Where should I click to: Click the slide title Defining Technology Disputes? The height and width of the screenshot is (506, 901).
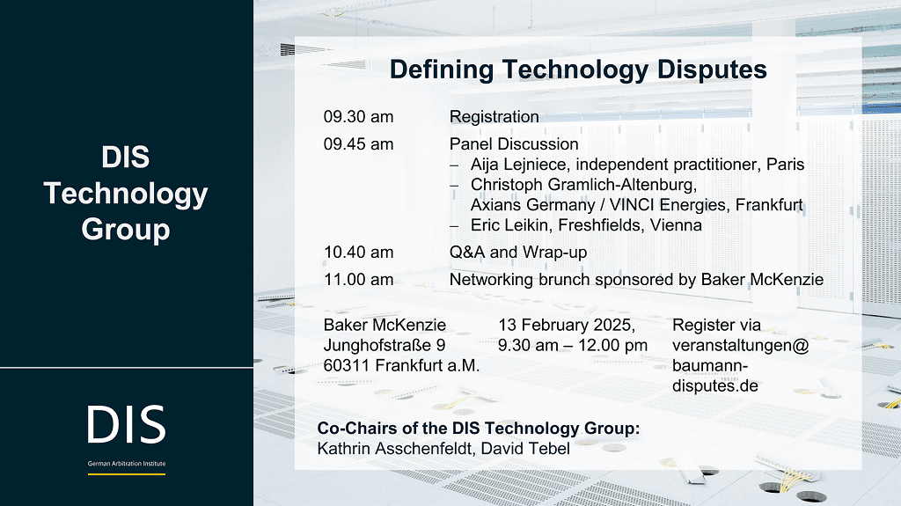coord(578,70)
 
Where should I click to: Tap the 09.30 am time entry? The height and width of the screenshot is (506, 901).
coord(359,117)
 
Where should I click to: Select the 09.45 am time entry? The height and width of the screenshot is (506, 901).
coord(359,144)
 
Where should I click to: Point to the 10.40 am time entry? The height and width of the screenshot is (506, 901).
coord(359,253)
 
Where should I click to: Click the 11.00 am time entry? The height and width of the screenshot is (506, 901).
coord(359,280)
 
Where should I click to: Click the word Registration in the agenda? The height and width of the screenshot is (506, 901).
coord(494,117)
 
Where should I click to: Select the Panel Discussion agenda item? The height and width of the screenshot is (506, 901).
coord(514,144)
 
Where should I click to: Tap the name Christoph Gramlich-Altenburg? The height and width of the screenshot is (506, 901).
coord(584,185)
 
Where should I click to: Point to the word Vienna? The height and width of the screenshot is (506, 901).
coord(676,225)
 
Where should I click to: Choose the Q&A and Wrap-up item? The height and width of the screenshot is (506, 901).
coord(518,253)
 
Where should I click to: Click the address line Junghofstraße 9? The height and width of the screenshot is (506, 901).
coord(385,346)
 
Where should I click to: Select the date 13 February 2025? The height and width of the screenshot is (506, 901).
coord(567,326)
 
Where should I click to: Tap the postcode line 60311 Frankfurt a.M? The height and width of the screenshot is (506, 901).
coord(401,366)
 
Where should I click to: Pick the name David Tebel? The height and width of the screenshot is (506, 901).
coord(525,449)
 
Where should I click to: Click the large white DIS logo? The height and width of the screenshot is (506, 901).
coord(127,424)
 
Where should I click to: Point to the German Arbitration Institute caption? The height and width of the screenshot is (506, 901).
coord(127,464)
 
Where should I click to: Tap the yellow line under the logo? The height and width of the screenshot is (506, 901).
coord(127,474)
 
